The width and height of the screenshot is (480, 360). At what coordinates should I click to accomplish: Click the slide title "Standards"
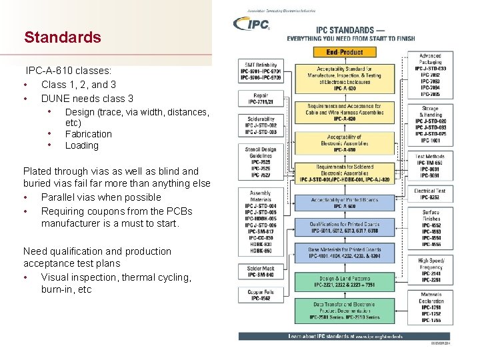click(63, 37)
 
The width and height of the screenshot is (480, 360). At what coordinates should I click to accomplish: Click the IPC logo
click(252, 24)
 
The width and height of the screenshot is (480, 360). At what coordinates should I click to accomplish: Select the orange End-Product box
click(345, 52)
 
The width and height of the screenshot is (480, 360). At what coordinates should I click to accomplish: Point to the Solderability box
click(260, 127)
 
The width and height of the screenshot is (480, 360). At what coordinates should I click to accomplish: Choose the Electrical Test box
click(430, 194)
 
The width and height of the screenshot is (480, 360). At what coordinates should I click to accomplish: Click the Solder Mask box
click(260, 272)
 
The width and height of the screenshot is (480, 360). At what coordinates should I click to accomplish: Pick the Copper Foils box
click(260, 295)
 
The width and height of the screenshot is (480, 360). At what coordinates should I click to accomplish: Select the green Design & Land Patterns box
click(345, 282)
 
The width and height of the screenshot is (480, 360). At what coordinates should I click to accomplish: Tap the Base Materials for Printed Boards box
click(345, 252)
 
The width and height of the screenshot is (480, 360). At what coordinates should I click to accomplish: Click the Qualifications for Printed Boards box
click(345, 227)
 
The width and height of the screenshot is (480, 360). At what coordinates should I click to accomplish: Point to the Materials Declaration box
click(430, 307)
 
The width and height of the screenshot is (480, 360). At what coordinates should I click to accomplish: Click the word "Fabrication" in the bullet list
click(88, 134)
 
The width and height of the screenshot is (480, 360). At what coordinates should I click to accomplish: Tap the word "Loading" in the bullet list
click(81, 145)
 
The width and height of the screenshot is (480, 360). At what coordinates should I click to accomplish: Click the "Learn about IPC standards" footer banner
click(345, 337)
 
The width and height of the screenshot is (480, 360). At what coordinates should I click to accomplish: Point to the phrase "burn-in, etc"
click(66, 289)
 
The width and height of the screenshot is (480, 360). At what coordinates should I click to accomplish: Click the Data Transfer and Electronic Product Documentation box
click(345, 310)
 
